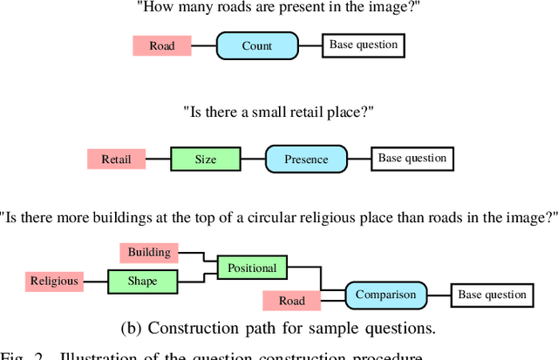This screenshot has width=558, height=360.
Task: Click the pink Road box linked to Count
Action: [x=161, y=46]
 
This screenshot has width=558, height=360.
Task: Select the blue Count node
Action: [x=257, y=46]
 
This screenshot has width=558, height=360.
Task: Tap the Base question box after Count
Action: [x=364, y=45]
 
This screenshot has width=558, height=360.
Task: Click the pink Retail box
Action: [x=116, y=160]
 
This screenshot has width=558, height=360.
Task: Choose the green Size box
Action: [x=205, y=160]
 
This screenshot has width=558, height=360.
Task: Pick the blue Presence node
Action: [x=305, y=160]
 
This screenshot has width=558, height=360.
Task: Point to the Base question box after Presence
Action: [x=412, y=159]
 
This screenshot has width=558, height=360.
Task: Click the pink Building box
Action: [x=149, y=253]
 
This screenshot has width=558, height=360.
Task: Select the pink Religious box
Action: [x=54, y=281]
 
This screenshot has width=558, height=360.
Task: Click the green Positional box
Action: [x=252, y=268]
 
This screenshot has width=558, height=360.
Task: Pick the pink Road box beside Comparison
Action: [x=291, y=301]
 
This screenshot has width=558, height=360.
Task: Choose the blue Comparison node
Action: [x=385, y=295]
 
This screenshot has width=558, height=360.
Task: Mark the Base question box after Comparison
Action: [x=493, y=295]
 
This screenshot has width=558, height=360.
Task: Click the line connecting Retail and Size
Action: [x=157, y=160]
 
